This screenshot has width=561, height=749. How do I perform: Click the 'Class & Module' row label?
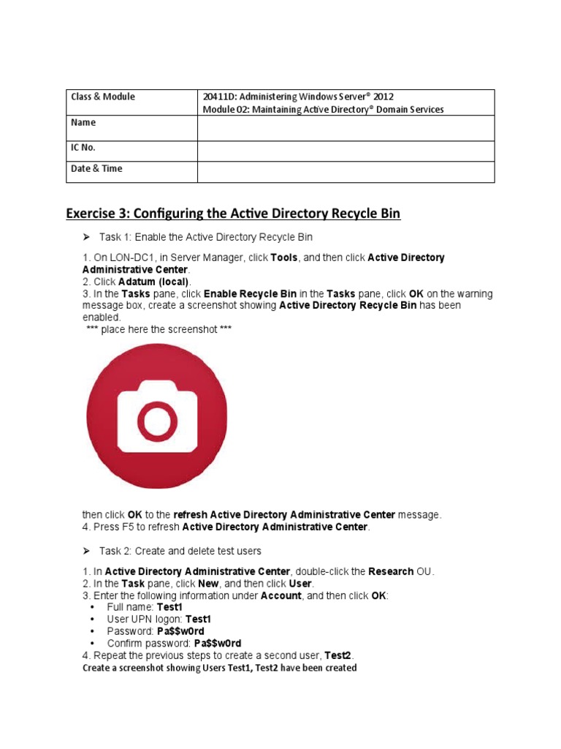[102, 97]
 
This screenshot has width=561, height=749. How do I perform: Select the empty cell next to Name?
[346, 128]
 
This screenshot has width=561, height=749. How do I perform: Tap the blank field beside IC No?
[346, 151]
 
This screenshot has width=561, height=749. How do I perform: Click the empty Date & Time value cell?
[346, 172]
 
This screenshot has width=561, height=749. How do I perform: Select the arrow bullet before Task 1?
[85, 238]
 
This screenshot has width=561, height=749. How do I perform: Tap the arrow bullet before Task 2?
[85, 551]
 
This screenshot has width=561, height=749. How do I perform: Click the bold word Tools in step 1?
[284, 258]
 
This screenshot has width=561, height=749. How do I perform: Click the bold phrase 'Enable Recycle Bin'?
[250, 294]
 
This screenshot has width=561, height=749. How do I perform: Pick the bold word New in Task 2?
[208, 584]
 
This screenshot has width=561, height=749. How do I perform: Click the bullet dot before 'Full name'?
[91, 608]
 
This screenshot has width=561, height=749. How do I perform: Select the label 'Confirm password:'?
[143, 643]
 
